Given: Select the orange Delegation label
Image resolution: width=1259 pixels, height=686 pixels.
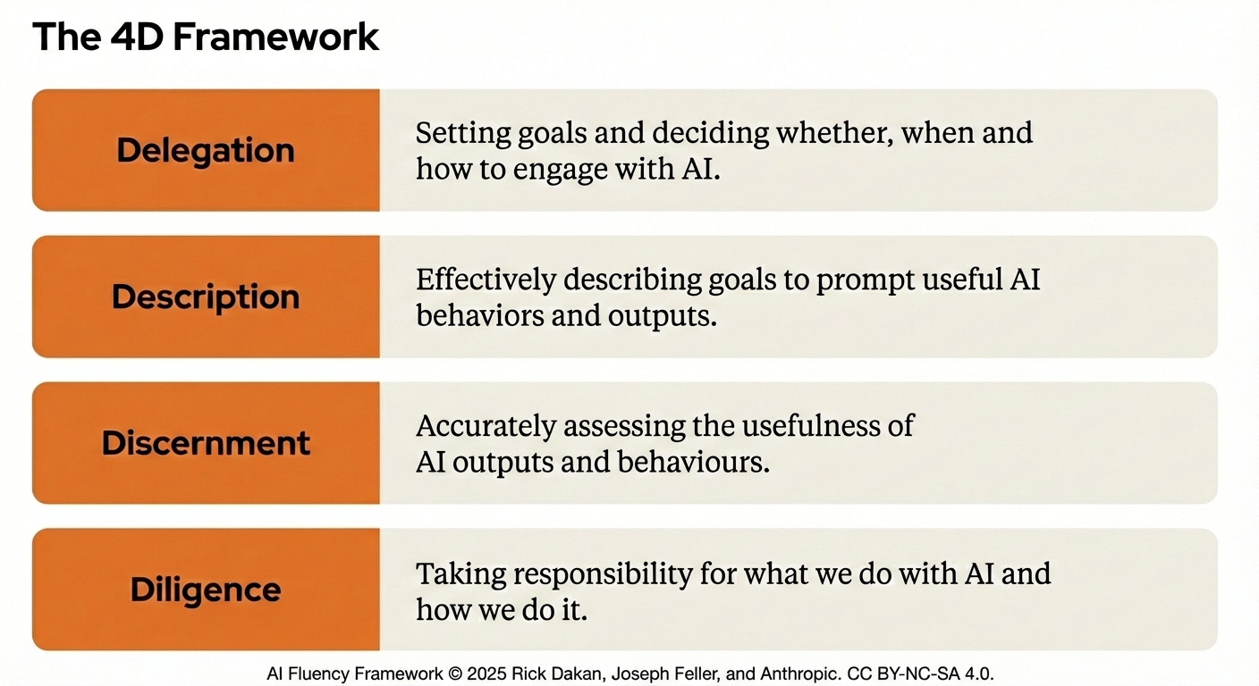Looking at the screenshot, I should click(206, 150).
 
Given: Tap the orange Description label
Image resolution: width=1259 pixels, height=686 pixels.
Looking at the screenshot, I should click(206, 297).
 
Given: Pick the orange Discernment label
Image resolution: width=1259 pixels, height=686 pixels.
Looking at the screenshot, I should click(206, 443).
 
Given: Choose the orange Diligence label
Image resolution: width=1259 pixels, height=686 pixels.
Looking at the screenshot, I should click(206, 590).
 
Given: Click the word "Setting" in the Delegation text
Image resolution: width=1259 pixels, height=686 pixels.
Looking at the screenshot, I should click(462, 134).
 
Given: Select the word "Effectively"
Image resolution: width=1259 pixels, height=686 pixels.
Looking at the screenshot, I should click(486, 280).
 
